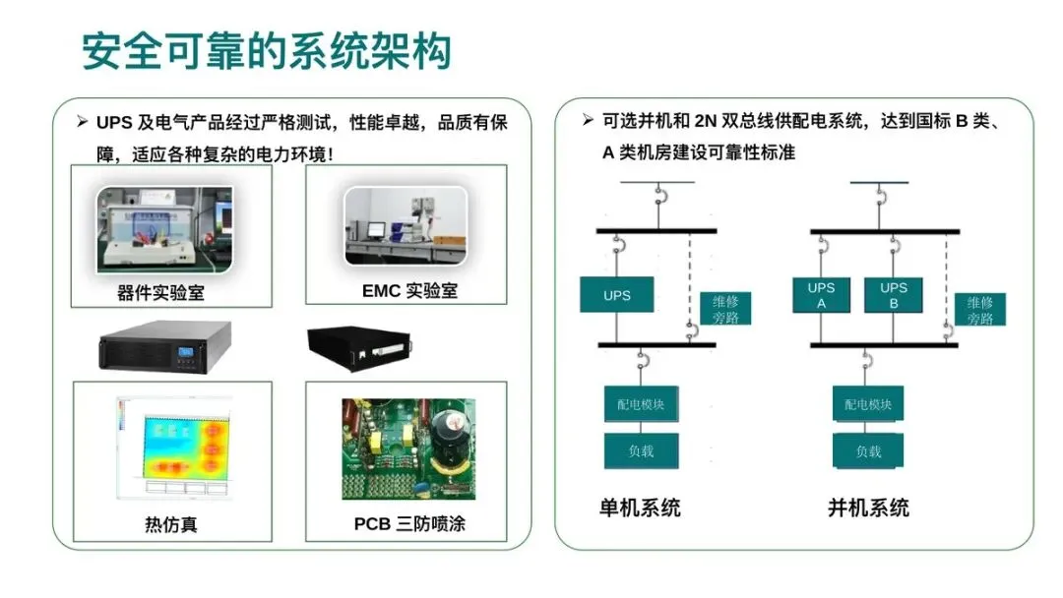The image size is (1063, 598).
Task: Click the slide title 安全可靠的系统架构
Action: [267, 51]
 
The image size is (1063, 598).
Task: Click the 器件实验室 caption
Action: [160, 292]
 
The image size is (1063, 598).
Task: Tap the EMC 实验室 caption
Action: [409, 290]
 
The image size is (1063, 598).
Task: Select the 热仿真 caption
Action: [171, 524]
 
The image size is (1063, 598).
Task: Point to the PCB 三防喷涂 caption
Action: [409, 523]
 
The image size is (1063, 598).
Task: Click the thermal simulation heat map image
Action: [174, 448]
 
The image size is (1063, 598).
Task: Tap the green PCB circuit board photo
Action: [408, 449]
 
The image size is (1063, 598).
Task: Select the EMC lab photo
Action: [406, 226]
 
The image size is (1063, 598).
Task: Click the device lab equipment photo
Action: [164, 229]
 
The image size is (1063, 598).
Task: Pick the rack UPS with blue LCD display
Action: [165, 347]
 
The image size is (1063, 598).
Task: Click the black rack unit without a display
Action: [359, 348]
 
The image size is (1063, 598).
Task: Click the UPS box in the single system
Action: [617, 295]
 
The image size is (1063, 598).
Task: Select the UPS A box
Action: [821, 295]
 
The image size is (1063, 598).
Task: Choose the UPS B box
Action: [894, 295]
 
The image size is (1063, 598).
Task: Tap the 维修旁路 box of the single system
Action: [725, 309]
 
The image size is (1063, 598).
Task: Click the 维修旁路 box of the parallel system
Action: [980, 310]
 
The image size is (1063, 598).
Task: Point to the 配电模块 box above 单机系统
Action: [642, 404]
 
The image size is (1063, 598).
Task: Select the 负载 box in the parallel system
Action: [868, 451]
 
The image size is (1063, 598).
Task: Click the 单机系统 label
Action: [640, 508]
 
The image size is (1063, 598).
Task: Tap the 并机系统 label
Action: [868, 508]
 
